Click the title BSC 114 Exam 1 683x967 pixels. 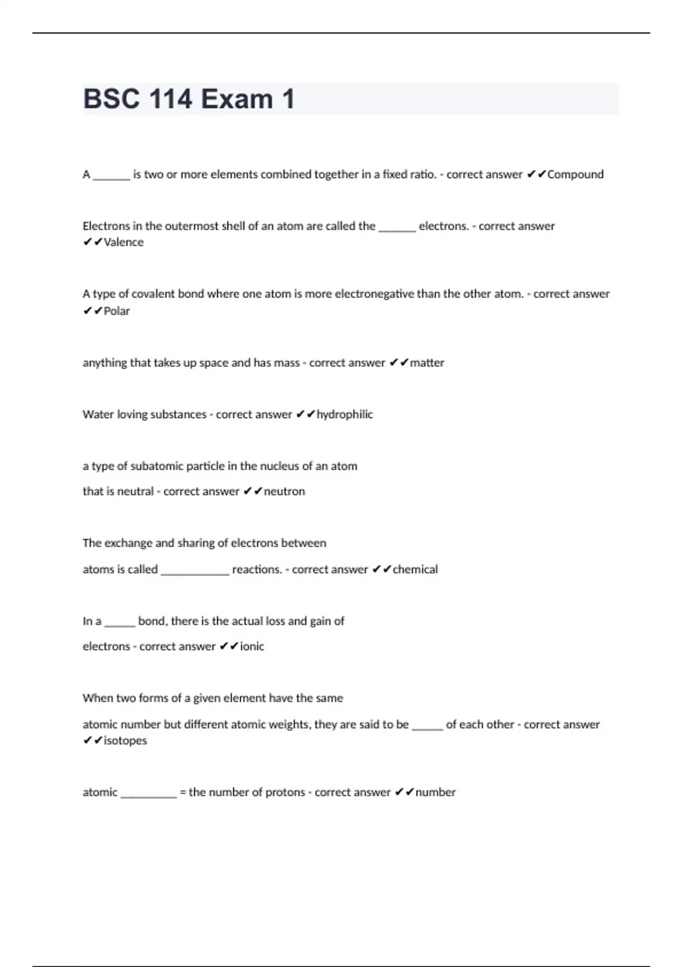[188, 99]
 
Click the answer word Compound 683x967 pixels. [575, 175]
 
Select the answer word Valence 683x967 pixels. [124, 242]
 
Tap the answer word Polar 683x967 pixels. [117, 311]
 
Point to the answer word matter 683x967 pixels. [427, 363]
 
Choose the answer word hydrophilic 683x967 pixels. [344, 415]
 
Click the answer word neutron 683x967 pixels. [284, 491]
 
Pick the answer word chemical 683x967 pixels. [415, 569]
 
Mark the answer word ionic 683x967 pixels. [252, 646]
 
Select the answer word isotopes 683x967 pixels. [125, 741]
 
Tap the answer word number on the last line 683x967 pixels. [435, 792]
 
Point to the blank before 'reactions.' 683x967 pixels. [195, 571]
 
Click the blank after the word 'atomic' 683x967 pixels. [149, 794]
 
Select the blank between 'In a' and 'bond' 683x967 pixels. [120, 622]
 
